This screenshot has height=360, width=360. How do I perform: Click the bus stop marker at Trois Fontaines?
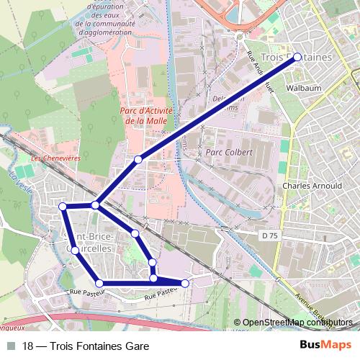point(297,60)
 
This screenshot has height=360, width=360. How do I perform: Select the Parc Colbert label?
point(229,153)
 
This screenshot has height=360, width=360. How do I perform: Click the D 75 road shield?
point(270,235)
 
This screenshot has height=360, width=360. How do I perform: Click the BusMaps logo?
point(325,346)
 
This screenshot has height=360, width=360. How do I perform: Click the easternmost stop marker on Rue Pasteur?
point(185,284)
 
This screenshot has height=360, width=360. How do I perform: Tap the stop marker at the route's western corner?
point(63,207)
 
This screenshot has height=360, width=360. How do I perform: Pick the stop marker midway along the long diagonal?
point(138,159)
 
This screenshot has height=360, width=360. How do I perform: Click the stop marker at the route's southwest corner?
point(99,283)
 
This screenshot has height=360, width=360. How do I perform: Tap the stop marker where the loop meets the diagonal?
point(96,206)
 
